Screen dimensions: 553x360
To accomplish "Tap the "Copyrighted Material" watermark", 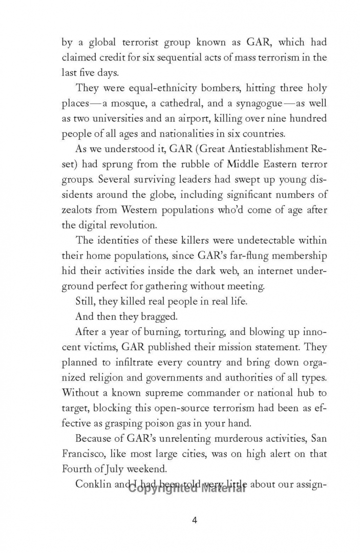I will (187, 488).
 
